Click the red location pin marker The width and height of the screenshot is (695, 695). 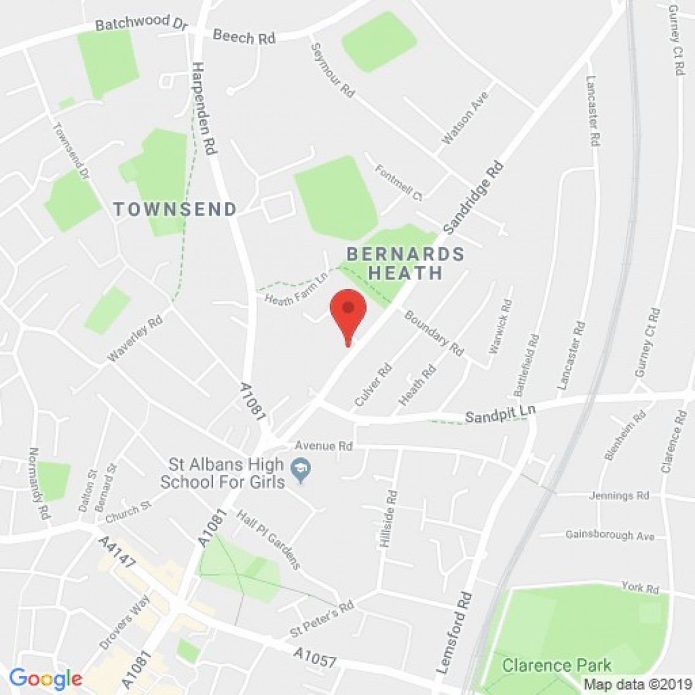tap(348, 311)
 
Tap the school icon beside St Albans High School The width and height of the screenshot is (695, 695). tap(301, 470)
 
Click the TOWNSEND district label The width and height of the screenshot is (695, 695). tap(175, 209)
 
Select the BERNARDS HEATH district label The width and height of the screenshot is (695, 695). tap(405, 263)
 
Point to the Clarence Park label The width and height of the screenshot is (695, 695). tap(557, 665)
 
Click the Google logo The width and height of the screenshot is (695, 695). tap(45, 678)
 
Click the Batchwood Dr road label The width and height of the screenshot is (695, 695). tap(132, 23)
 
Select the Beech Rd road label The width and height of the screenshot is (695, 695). tap(244, 37)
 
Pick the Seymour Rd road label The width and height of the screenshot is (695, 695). tap(332, 70)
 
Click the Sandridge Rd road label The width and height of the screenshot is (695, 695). tap(473, 197)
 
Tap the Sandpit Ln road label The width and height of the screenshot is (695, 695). tap(500, 414)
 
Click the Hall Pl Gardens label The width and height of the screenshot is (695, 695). tap(268, 539)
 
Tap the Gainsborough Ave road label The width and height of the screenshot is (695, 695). tap(609, 535)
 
